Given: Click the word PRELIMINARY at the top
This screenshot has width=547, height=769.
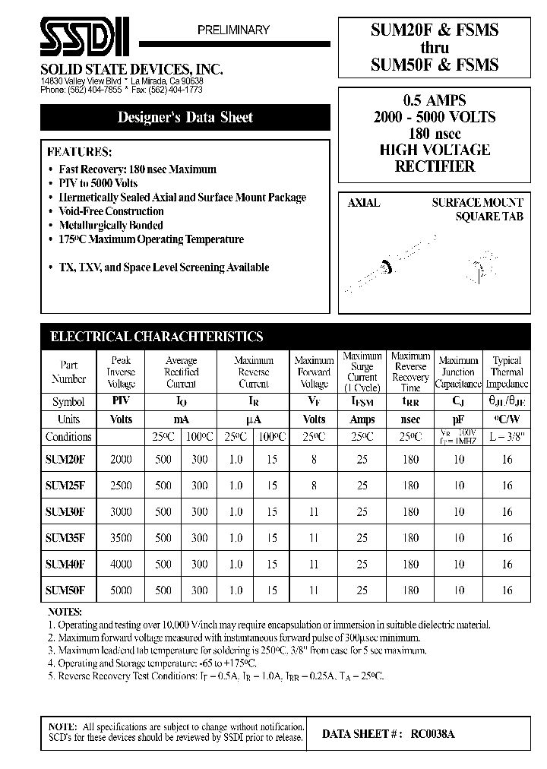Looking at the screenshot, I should tap(233, 30).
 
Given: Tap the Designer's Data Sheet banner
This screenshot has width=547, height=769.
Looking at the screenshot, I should tap(185, 118).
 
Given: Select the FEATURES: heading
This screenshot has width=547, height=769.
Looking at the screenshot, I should tap(79, 151).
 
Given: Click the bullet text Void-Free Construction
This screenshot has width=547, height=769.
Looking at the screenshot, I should tap(111, 211).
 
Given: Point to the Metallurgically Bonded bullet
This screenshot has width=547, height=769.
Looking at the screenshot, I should tap(111, 225).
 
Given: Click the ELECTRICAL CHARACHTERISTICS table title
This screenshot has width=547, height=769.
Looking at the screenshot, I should tap(156, 337).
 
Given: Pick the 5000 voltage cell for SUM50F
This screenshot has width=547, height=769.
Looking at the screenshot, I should tap(121, 590).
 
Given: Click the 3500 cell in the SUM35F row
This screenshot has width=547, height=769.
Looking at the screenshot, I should tap(121, 537).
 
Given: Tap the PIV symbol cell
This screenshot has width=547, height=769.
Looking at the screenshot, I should tap(121, 401).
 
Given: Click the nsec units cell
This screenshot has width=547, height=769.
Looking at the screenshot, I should tap(410, 419).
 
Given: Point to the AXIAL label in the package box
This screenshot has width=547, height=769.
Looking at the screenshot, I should tap(363, 203).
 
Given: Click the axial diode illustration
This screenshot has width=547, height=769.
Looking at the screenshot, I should tap(387, 266).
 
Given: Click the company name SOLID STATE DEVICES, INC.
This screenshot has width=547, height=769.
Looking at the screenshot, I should tap(131, 69).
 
